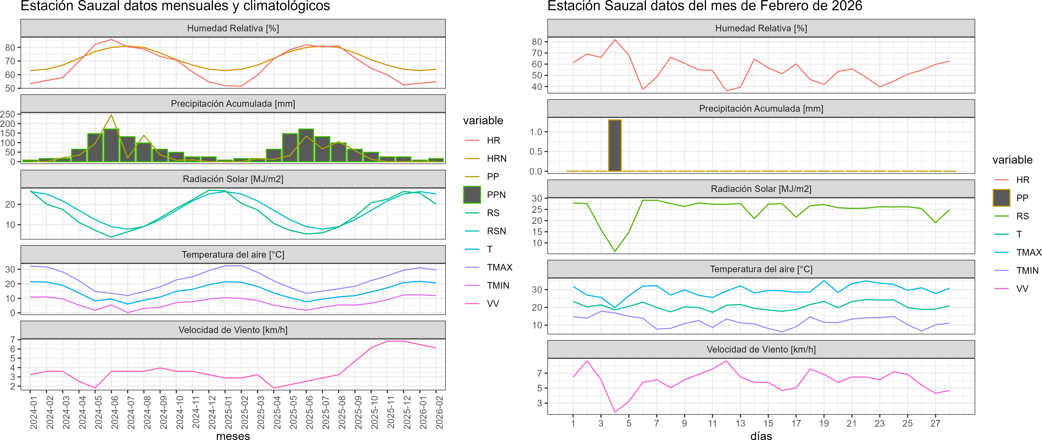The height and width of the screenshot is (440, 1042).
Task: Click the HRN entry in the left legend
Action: [x=496, y=158]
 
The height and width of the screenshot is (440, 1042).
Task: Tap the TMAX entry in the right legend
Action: [x=1028, y=253]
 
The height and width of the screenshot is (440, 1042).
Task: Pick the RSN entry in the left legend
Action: [x=496, y=231]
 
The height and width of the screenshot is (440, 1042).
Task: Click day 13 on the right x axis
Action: [x=740, y=423]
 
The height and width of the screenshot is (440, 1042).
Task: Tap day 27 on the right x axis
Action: [x=935, y=423]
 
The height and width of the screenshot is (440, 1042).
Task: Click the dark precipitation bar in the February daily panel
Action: [x=615, y=145]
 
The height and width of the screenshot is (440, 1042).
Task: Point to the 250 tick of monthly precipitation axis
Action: [x=8, y=114]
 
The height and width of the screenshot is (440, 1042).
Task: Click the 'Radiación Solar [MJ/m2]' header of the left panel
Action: [x=233, y=179]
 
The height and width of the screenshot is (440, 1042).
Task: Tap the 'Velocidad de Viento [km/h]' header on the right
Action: [x=761, y=350]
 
